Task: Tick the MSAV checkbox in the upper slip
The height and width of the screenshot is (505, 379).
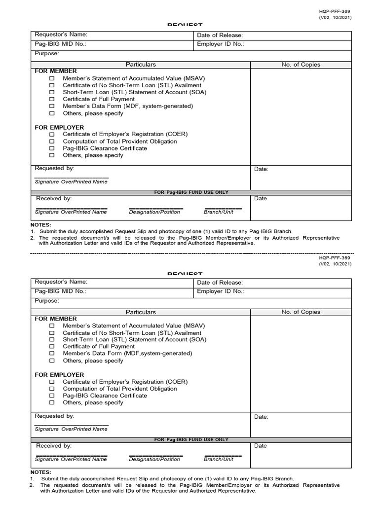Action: tap(52, 78)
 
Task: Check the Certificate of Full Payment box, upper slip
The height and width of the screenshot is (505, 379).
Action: tap(52, 99)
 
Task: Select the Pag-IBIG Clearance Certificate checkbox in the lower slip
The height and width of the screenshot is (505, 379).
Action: tap(52, 396)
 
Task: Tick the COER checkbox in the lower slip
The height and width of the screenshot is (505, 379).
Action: tap(52, 382)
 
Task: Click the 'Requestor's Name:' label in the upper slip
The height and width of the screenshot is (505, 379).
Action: tap(61, 35)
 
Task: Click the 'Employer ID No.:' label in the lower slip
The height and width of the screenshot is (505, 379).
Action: tap(221, 291)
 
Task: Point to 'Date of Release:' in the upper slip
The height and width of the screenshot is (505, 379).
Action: tap(220, 36)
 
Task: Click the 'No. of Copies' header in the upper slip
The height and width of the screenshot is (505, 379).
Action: tap(301, 65)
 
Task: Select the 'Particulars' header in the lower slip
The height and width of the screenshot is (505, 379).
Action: tap(141, 312)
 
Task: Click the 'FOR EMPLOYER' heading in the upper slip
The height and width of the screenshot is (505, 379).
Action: tap(59, 127)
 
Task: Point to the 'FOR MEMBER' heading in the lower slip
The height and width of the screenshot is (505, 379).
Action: tap(56, 319)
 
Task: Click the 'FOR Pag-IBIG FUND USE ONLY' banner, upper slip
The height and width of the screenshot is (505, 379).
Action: tap(191, 192)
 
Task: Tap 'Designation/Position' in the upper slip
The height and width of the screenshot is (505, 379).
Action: tap(154, 212)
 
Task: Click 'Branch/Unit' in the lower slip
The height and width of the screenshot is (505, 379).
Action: tap(219, 459)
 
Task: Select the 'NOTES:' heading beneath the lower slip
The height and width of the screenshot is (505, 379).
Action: tap(41, 472)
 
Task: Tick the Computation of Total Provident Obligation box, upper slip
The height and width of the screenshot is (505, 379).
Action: tap(52, 142)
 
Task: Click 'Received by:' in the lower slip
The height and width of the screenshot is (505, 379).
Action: tap(54, 445)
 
